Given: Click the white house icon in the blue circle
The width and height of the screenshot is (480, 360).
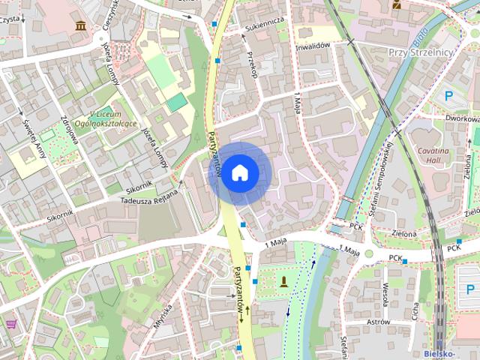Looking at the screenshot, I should tap(239, 172).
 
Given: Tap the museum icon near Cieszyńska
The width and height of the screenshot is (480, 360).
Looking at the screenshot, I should tap(79, 26).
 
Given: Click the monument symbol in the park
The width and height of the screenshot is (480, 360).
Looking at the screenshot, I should tap(284, 282).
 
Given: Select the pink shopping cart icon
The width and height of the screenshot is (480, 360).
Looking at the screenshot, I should tap(11, 324).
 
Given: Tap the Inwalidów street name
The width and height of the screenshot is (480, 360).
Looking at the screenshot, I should tap(313, 46).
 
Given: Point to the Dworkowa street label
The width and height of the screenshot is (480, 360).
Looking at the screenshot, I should tap(461, 118).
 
